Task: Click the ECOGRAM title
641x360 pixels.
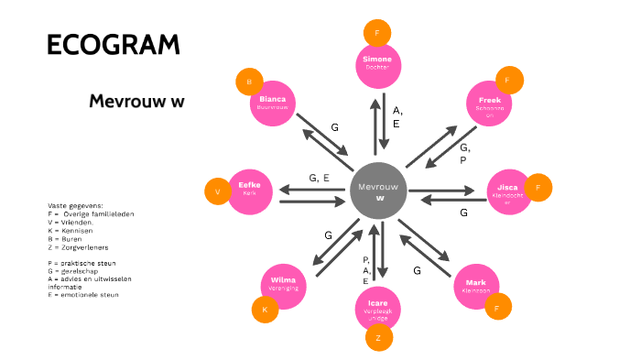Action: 113,44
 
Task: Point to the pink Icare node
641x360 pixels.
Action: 378,308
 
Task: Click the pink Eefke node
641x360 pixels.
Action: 250,191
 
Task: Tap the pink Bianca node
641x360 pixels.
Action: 273,104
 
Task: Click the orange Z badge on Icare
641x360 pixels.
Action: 378,338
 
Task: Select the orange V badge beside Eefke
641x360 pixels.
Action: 218,192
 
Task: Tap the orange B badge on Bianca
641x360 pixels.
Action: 248,82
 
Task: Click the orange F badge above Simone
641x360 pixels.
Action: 375,34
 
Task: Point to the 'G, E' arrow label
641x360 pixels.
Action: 320,178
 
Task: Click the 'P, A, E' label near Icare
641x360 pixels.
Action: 366,270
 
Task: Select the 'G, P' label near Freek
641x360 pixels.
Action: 465,153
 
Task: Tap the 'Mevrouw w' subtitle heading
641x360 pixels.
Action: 136,101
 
